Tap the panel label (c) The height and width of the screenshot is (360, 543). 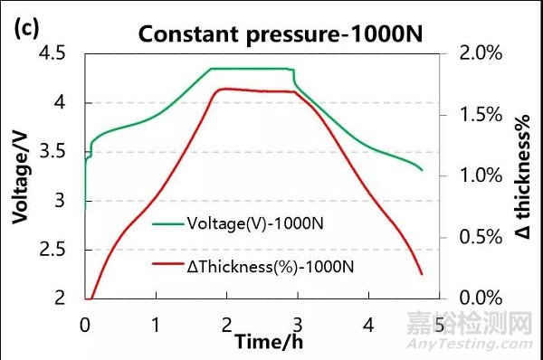pyautogui.click(x=24, y=25)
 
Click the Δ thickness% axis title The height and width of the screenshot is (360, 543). pyautogui.click(x=523, y=175)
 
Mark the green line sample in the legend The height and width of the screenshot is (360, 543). pyautogui.click(x=166, y=223)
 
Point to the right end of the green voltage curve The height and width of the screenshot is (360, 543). pyautogui.click(x=422, y=170)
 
